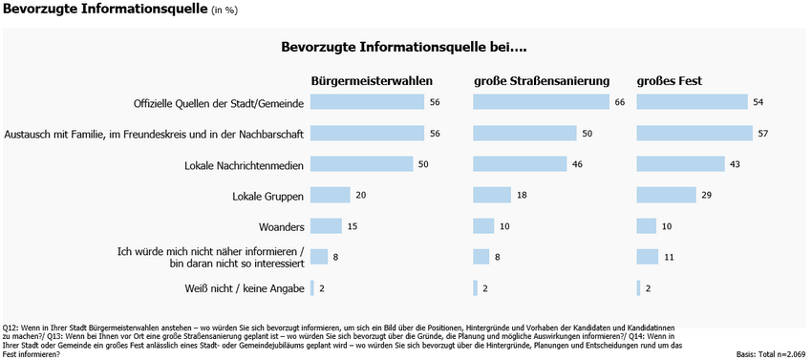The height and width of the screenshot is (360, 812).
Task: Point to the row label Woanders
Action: click(281, 226)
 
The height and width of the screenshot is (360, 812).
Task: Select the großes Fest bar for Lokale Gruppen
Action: click(666, 196)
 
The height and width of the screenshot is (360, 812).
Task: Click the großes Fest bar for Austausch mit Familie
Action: click(694, 134)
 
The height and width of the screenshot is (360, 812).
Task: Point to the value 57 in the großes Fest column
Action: click(762, 134)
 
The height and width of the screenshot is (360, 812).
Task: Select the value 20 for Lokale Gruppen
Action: click(359, 196)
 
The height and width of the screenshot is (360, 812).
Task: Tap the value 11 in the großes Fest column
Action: click(669, 256)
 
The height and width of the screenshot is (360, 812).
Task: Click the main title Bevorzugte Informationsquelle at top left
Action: click(105, 11)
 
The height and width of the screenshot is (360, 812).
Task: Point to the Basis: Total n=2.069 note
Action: click(772, 353)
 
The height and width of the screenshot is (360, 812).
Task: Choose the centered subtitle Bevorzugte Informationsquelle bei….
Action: click(405, 46)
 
